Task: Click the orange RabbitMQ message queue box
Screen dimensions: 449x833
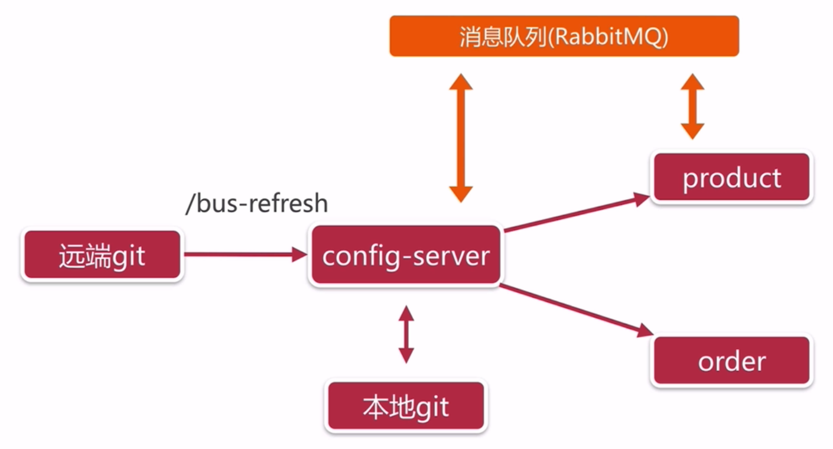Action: click(564, 36)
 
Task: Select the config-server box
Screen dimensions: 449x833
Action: click(405, 256)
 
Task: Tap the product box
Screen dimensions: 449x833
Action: click(732, 177)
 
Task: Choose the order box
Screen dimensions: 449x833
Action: click(732, 361)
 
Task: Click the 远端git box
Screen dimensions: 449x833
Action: click(102, 256)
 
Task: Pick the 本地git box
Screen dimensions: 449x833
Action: click(406, 406)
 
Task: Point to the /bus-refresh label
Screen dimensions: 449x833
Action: click(256, 203)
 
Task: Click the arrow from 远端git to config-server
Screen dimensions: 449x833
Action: click(245, 255)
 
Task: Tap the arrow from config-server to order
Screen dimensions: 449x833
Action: click(577, 310)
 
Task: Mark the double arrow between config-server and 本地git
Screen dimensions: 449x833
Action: click(406, 334)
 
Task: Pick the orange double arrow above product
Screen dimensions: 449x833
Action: click(692, 106)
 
